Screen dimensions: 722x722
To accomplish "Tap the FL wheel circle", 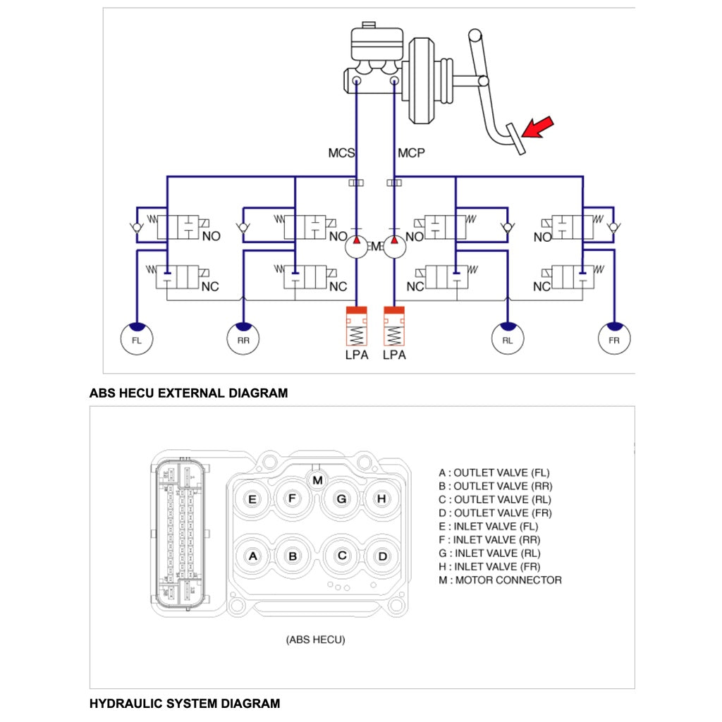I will [x=136, y=339].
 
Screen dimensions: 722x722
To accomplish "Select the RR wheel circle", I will [x=243, y=339].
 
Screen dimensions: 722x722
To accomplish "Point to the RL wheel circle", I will [x=508, y=339].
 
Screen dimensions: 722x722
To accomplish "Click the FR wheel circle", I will [x=615, y=339].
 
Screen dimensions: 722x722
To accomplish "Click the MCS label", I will [x=341, y=152].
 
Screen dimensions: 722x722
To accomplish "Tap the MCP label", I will [x=411, y=152].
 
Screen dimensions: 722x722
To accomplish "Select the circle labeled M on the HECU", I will [x=318, y=479].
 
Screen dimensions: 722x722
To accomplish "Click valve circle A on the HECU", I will [x=252, y=556].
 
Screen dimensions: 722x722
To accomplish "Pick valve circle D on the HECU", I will [x=382, y=556].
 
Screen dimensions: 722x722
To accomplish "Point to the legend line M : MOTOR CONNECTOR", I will [x=500, y=580].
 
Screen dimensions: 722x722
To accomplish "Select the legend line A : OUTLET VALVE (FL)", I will [x=494, y=472].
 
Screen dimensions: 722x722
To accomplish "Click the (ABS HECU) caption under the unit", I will [x=315, y=640].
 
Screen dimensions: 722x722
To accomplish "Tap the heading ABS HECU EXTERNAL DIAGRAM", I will [x=189, y=393].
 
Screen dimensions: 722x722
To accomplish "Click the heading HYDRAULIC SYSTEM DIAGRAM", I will [x=185, y=703].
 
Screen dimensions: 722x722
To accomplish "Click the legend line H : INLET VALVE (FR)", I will [x=490, y=567].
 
